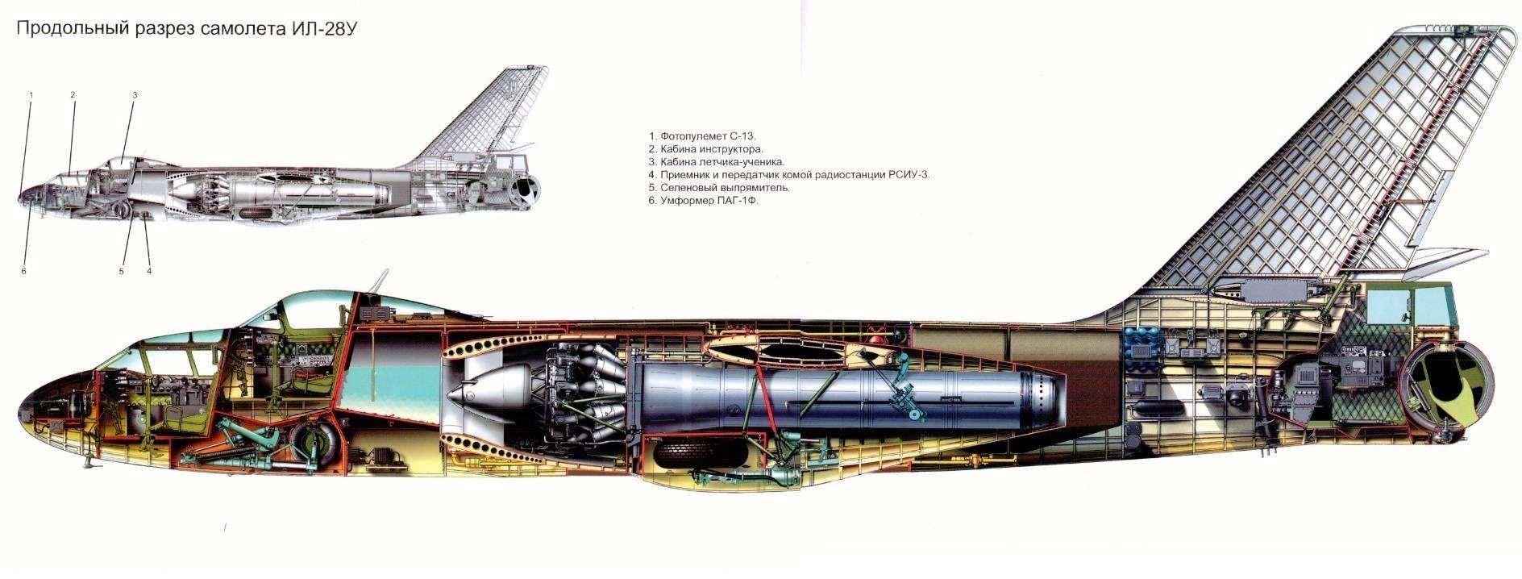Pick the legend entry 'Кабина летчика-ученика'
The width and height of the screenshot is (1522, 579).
[716, 162]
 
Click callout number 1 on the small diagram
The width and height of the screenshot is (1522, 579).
[31, 95]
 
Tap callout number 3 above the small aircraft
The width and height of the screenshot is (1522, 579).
[135, 95]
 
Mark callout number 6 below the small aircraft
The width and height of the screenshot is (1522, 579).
[24, 272]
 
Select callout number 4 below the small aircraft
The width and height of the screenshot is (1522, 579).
[149, 272]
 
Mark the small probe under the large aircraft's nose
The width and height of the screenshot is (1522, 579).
[85, 465]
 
